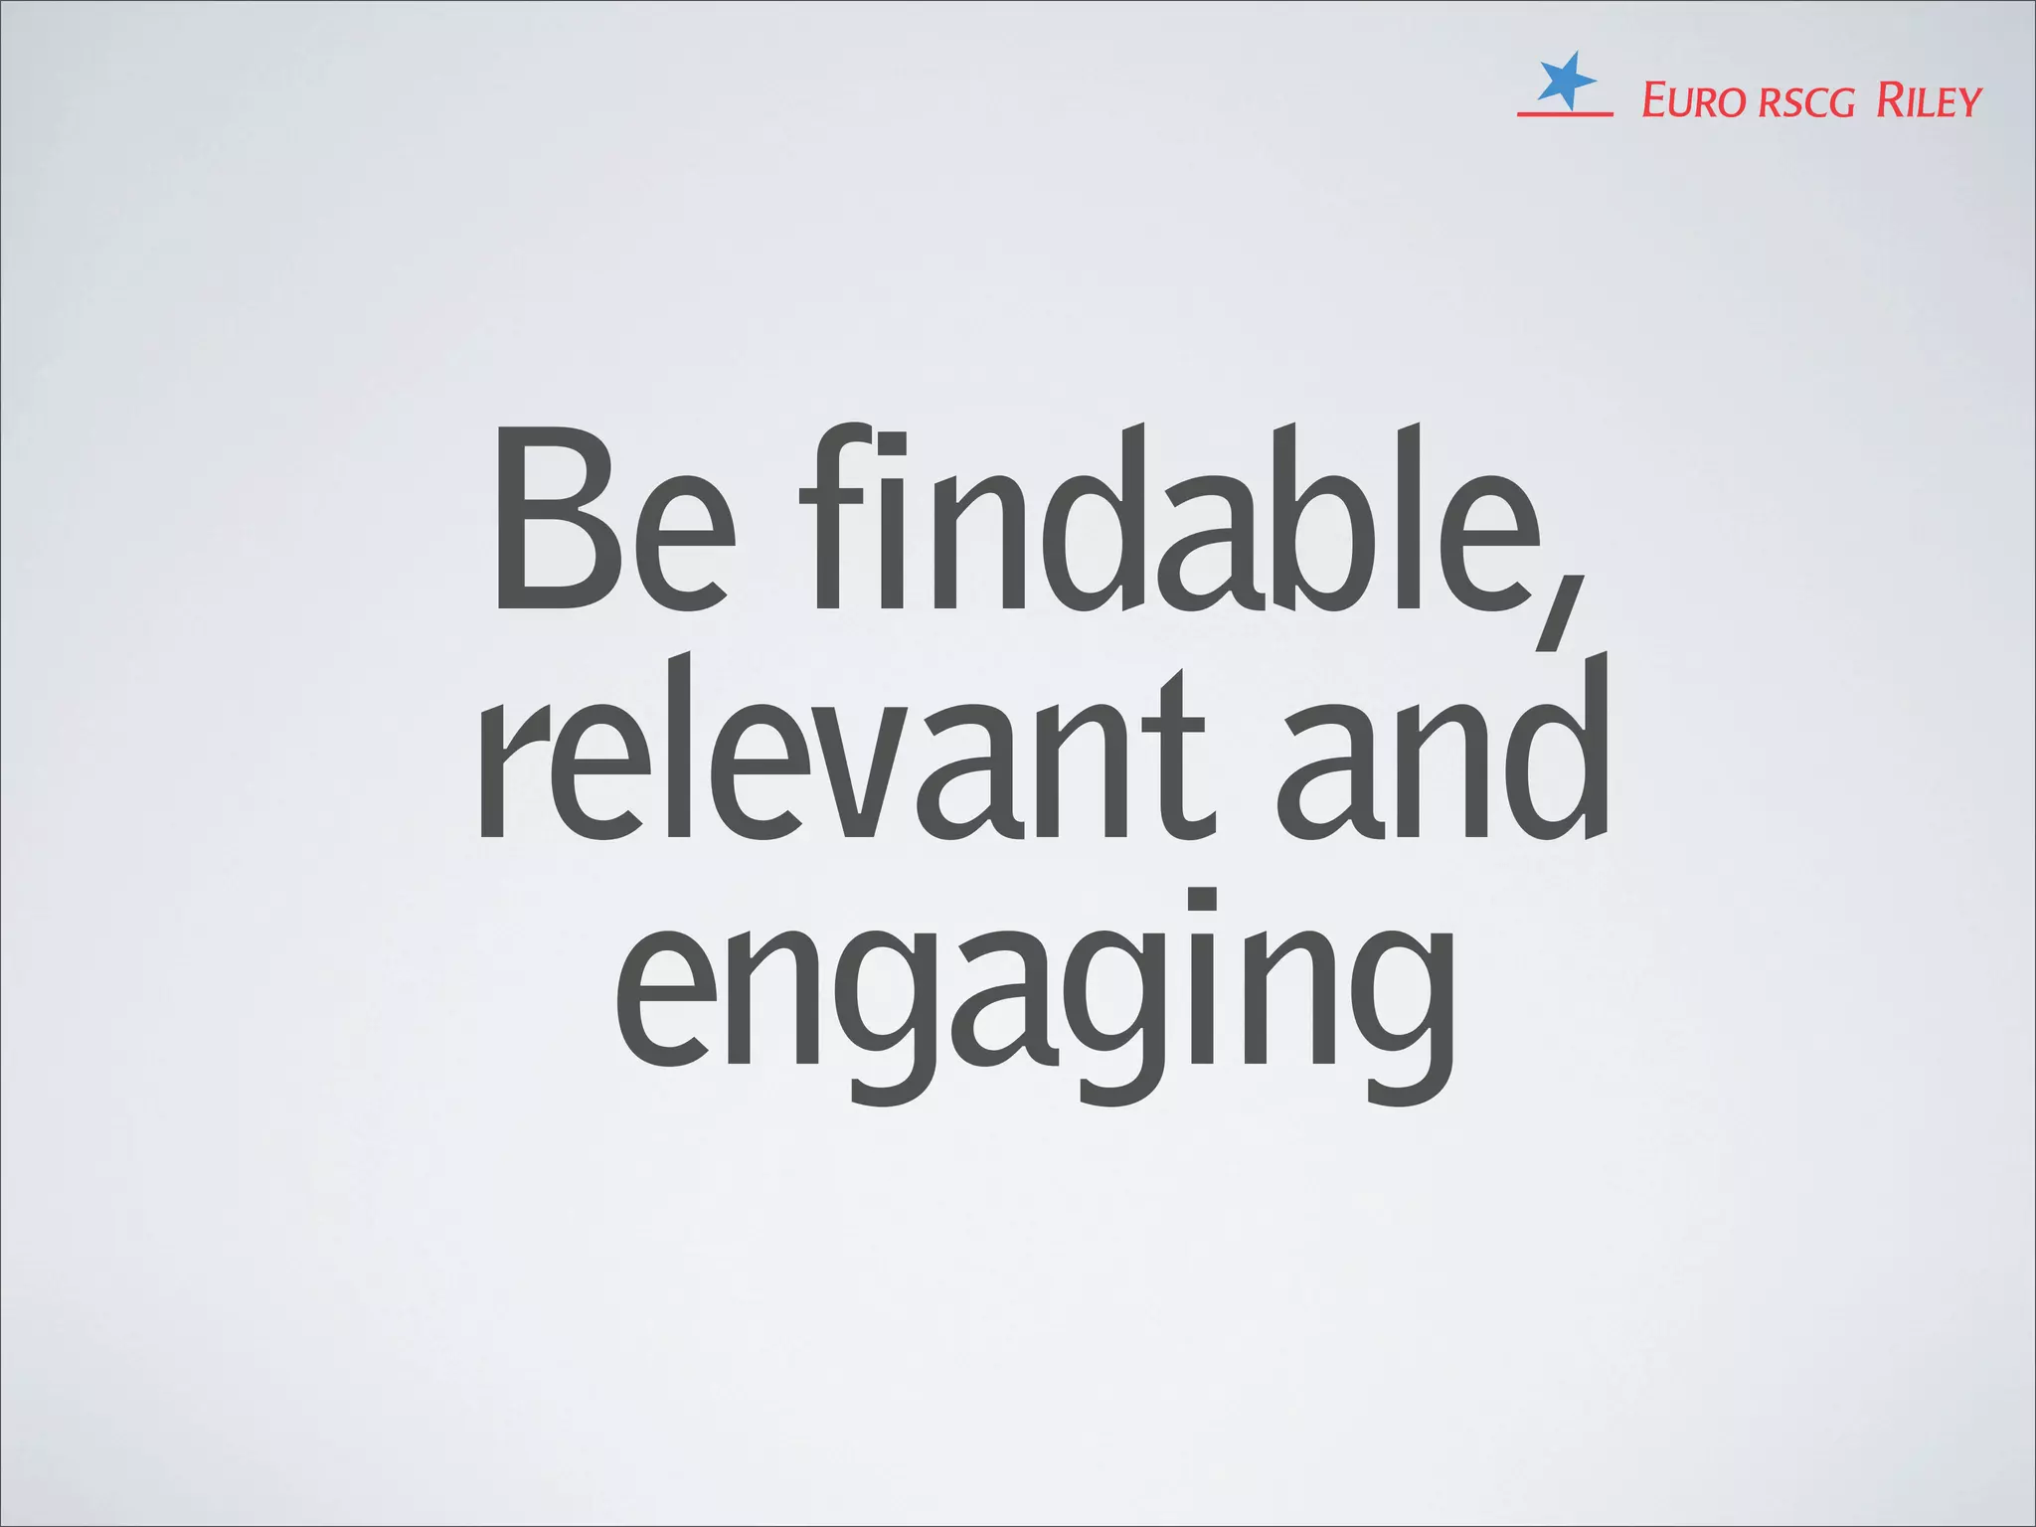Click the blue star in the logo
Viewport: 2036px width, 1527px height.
(1565, 81)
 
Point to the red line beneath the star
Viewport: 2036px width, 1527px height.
(1565, 114)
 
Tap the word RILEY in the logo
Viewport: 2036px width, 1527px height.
(1929, 101)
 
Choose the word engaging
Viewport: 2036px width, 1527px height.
(1034, 994)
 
